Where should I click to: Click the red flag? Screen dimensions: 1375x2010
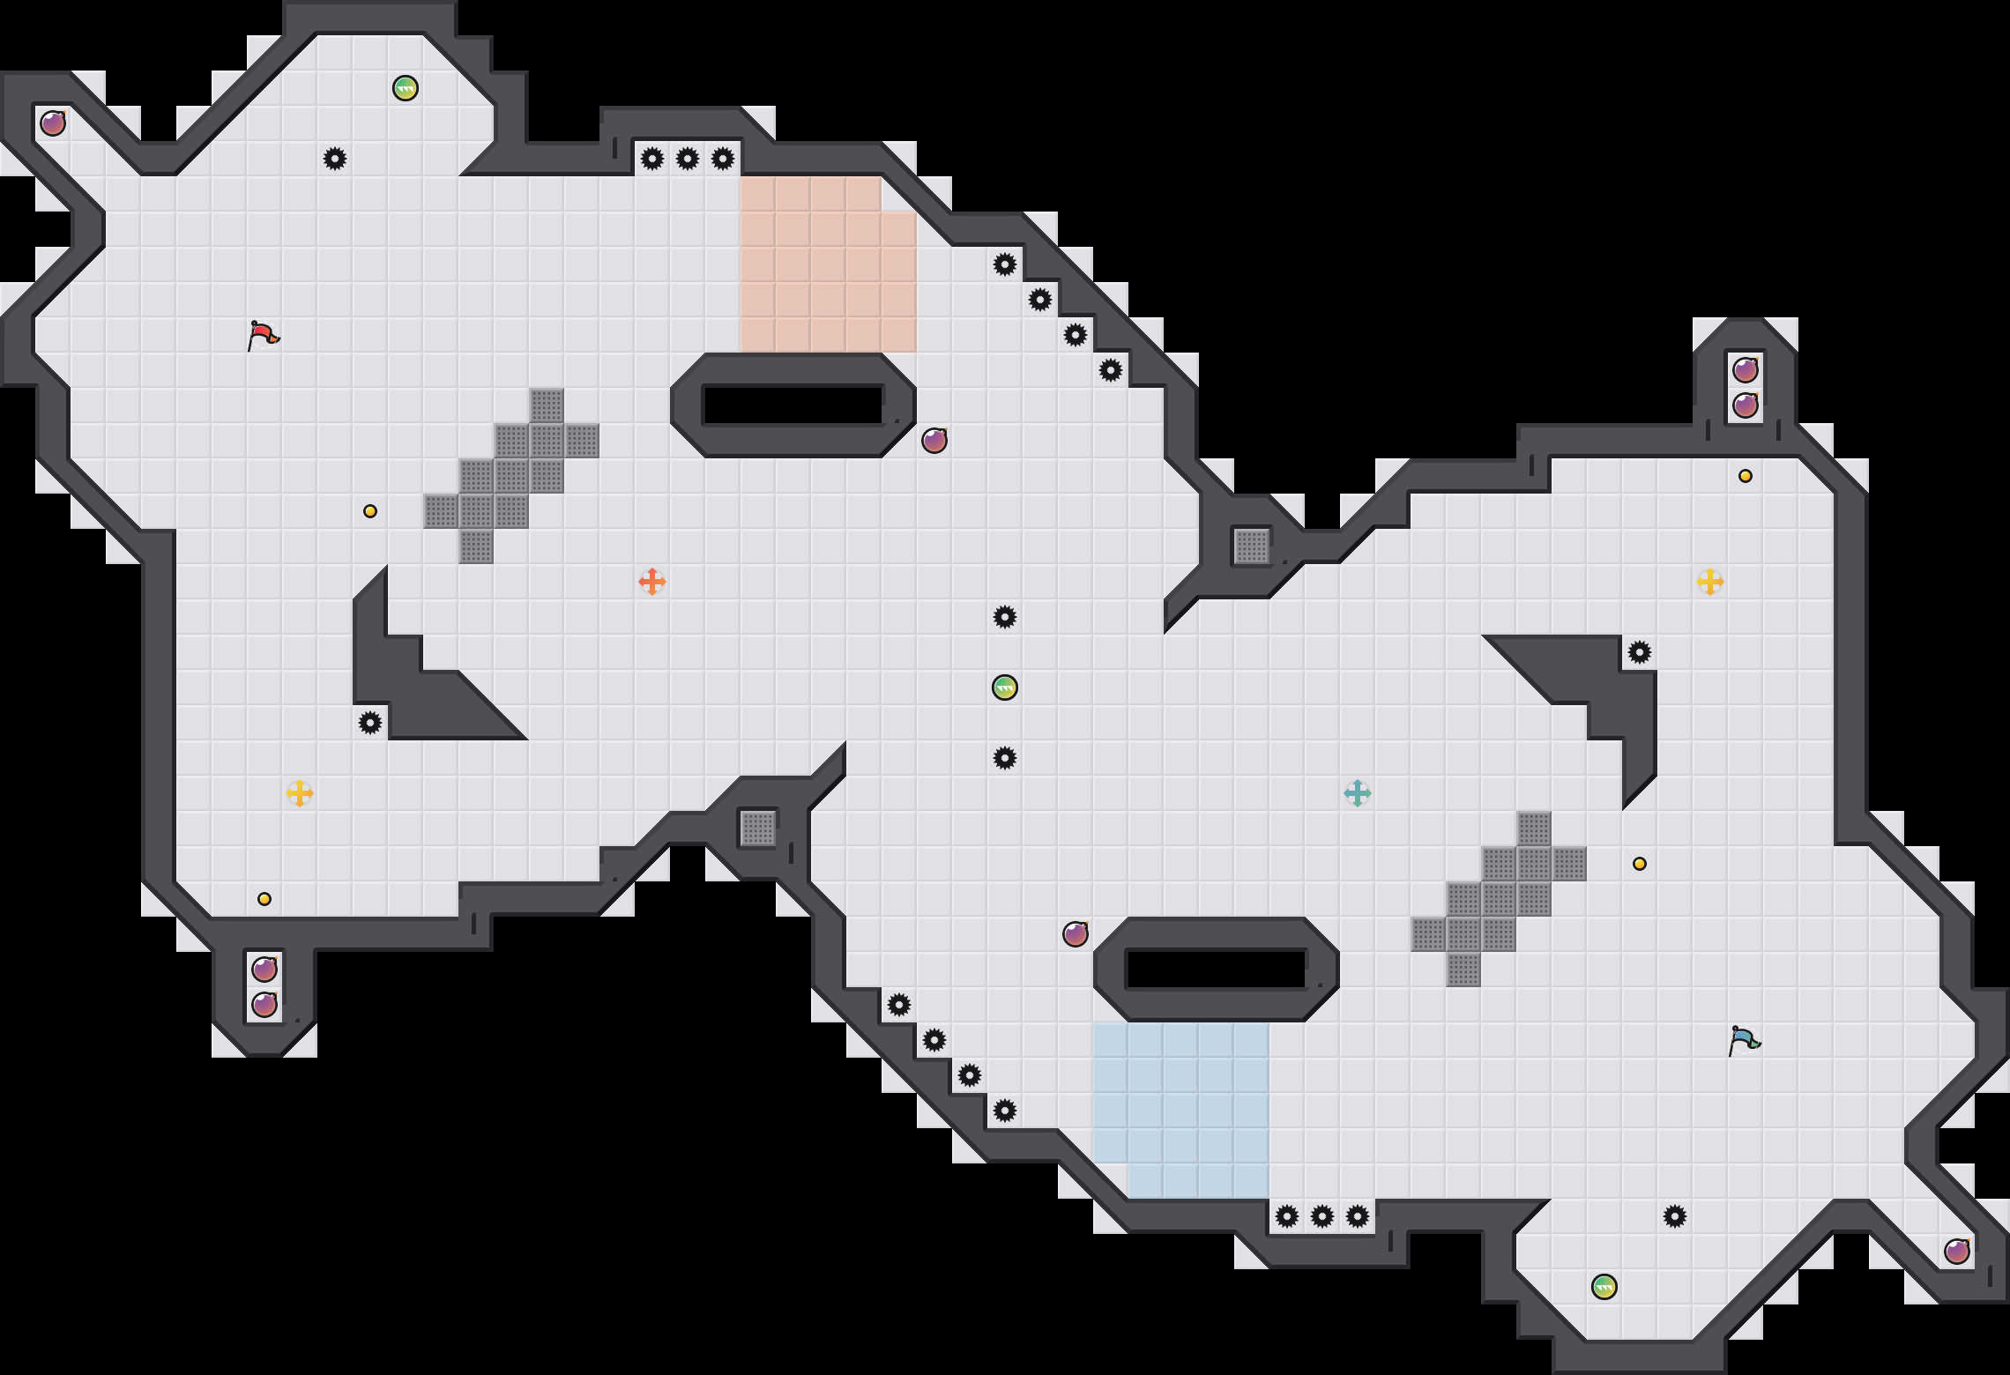coord(263,335)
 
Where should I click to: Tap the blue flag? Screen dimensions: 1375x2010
coord(1744,1040)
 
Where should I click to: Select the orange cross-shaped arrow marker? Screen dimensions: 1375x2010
coord(652,582)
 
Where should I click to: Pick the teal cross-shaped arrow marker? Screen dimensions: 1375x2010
coord(1358,793)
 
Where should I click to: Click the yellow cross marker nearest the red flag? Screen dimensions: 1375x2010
coord(300,793)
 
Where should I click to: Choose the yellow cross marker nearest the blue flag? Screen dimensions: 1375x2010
coord(1710,582)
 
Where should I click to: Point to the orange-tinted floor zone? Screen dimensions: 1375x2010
coord(827,264)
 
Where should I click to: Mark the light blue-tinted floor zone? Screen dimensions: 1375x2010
coord(1181,1111)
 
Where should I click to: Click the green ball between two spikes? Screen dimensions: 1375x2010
coord(1005,687)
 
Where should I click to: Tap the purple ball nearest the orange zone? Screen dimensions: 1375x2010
coord(934,441)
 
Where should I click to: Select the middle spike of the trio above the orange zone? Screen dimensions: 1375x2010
coord(688,159)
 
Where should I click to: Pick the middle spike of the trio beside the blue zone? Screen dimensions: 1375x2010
coord(1322,1216)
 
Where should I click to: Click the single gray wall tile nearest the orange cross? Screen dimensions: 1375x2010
coord(758,829)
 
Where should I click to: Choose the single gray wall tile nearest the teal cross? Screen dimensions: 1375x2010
coord(1252,546)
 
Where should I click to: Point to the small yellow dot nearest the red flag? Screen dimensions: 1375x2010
coord(370,511)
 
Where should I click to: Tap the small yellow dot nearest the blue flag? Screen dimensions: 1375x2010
coord(1640,864)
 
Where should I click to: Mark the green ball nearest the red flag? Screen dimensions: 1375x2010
coord(406,88)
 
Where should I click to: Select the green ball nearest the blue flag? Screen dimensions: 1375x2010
coord(1604,1287)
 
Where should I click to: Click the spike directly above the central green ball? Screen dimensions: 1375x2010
coord(1005,617)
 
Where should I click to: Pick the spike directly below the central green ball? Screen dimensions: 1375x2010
coord(1005,758)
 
